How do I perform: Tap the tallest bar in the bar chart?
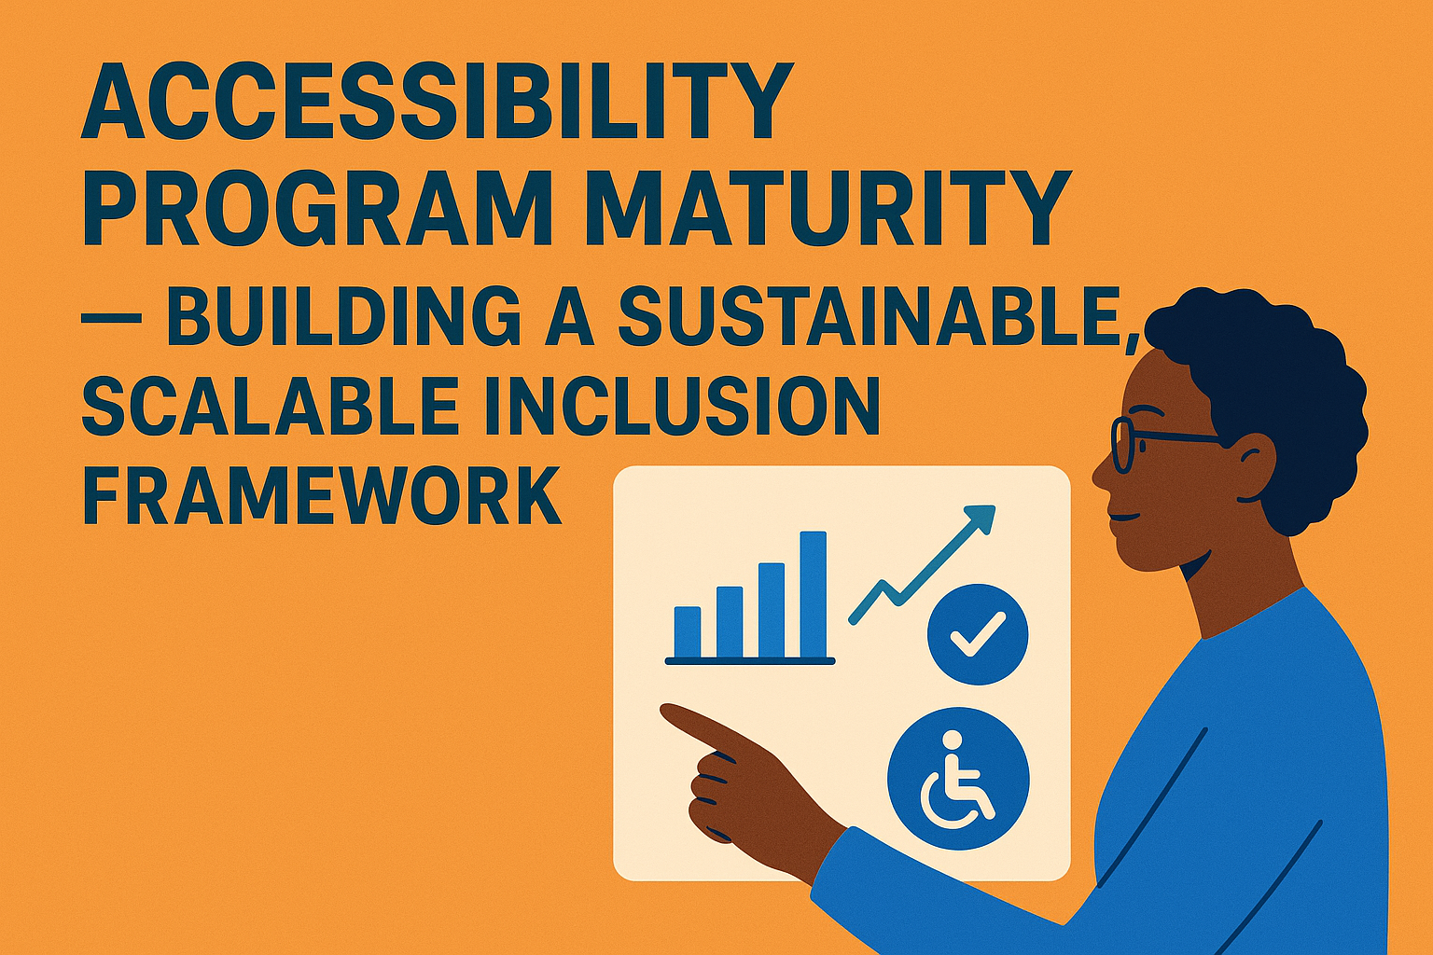(x=813, y=594)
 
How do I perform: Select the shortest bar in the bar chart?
(x=687, y=631)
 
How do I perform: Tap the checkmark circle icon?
(x=977, y=634)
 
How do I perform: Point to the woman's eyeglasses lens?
(x=1123, y=445)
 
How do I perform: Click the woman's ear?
(x=1252, y=464)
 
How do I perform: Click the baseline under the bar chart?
(x=749, y=660)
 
